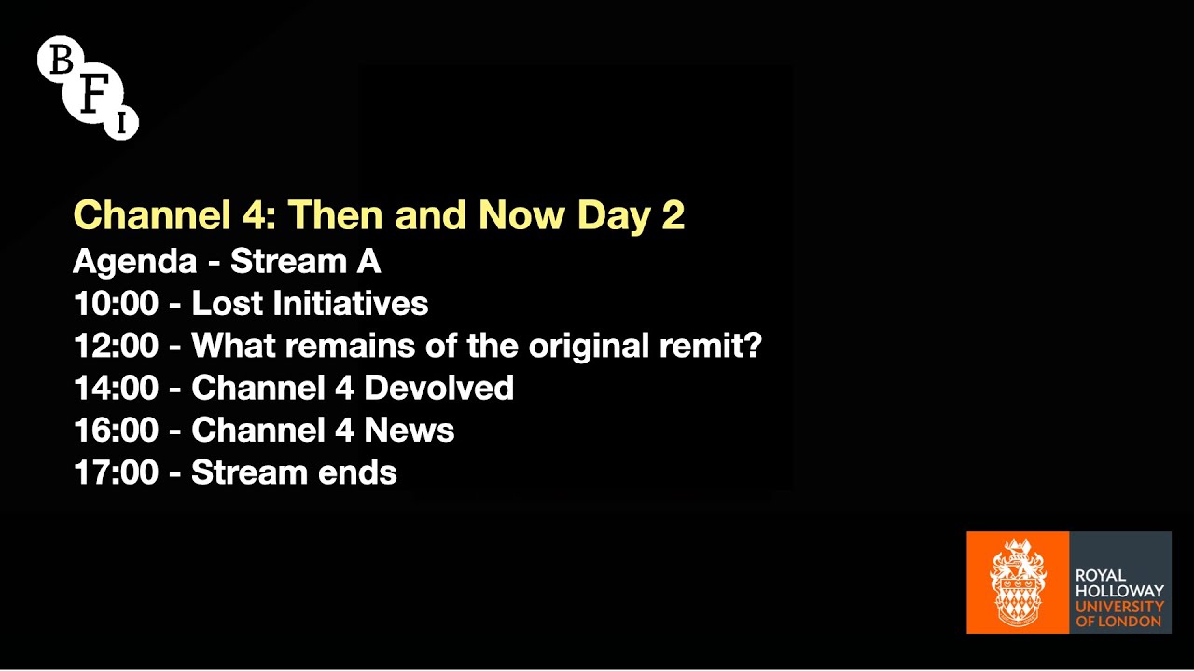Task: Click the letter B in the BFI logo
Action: [61, 62]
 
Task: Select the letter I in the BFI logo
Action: [121, 123]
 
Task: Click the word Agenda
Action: [135, 262]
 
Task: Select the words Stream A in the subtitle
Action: [306, 261]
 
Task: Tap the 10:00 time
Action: [116, 304]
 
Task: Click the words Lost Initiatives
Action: [310, 304]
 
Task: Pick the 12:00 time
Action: [116, 346]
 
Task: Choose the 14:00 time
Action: [116, 388]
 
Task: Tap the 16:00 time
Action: [116, 431]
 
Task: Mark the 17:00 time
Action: [116, 472]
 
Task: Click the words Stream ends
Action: [294, 472]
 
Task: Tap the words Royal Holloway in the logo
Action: [1119, 583]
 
